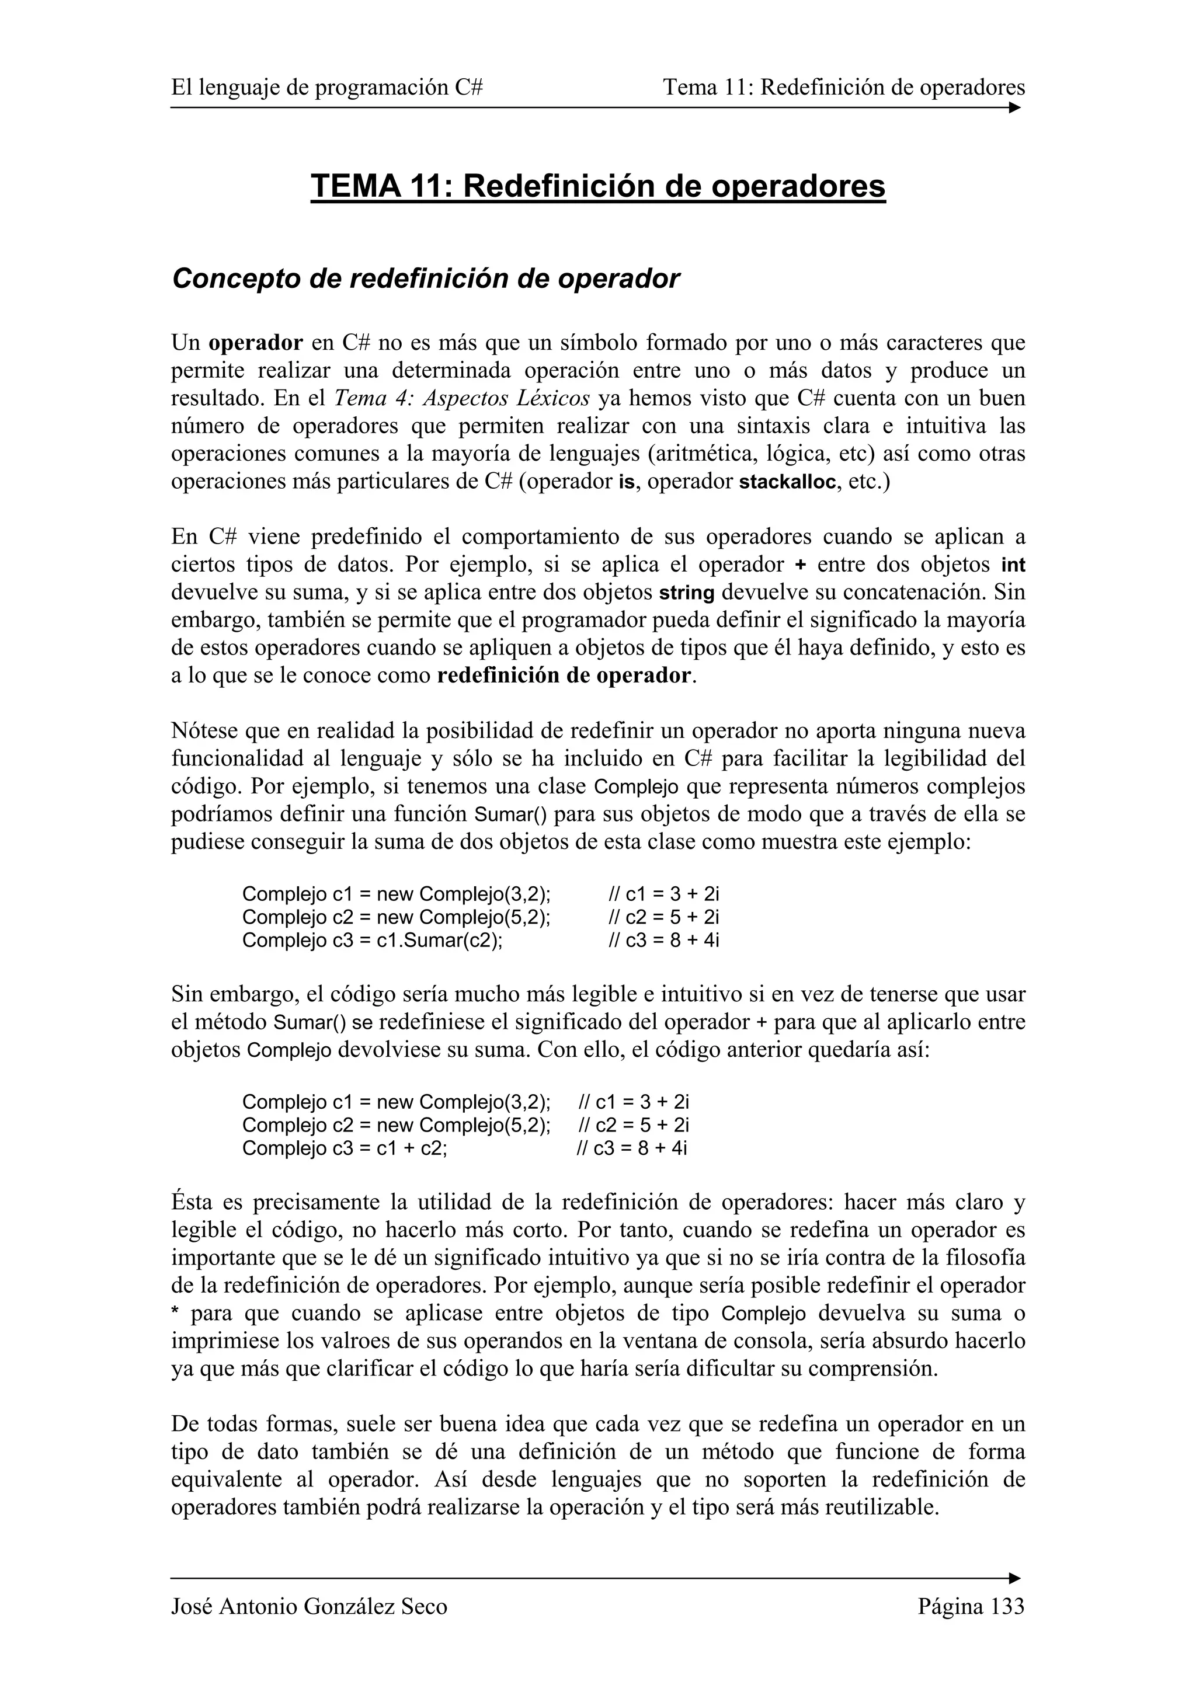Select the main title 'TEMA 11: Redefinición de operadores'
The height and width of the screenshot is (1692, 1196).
point(597,186)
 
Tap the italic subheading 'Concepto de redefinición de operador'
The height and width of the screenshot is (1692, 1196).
point(425,278)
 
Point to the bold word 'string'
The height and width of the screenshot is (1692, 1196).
point(686,593)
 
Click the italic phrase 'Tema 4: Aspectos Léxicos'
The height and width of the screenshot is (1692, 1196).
point(462,399)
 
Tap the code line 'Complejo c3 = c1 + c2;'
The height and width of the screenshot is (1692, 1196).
point(345,1148)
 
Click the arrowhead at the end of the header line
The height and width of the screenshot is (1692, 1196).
point(1015,107)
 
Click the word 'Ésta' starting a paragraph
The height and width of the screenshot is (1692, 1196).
point(192,1203)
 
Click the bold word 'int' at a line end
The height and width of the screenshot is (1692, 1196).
point(1013,565)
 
